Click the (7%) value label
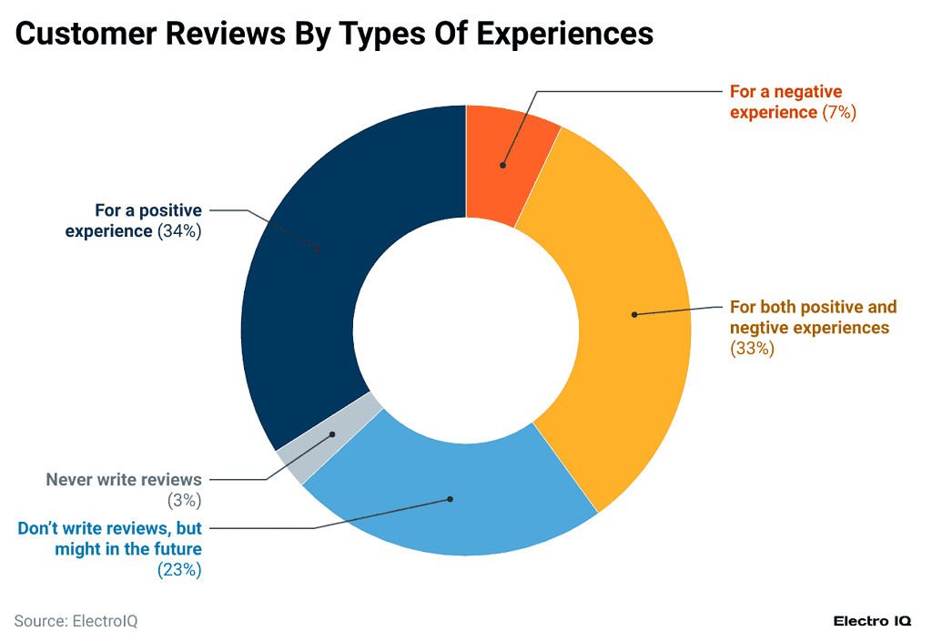pos(839,113)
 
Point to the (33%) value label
pos(752,349)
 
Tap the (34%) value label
pos(179,231)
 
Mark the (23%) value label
pos(179,570)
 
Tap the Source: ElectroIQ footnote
pos(76,621)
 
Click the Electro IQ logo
pos(873,621)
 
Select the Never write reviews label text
pos(124,479)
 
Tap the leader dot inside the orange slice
pos(502,165)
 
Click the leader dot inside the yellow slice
pos(633,315)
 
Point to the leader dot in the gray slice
pos(332,434)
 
